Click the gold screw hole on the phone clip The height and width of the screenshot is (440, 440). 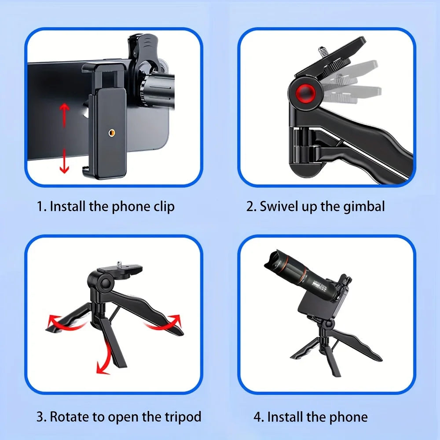(112, 132)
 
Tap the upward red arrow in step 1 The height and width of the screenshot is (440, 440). (65, 114)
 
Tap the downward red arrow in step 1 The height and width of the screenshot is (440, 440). (64, 161)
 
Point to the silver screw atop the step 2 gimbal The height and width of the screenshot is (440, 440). (322, 53)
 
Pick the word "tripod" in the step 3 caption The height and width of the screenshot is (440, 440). (183, 417)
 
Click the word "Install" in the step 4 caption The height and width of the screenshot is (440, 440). (286, 417)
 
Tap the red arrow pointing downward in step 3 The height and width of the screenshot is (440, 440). (104, 359)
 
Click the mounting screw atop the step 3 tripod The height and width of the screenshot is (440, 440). (120, 264)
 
